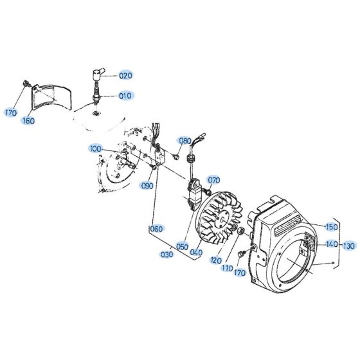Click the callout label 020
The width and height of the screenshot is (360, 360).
click(125, 75)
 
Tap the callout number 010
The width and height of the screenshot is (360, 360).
click(125, 96)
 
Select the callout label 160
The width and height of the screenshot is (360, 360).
click(29, 120)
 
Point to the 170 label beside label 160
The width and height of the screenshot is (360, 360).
click(10, 113)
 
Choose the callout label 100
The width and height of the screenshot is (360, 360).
click(96, 149)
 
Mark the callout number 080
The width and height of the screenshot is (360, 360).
click(185, 141)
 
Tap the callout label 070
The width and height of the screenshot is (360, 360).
click(214, 180)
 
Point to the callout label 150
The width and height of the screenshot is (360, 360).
click(331, 227)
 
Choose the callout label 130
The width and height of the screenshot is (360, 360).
click(348, 245)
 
